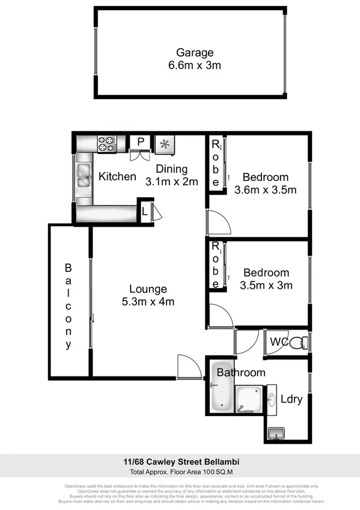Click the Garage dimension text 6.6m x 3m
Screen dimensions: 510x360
pos(194,64)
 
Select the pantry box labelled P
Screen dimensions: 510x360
pos(141,142)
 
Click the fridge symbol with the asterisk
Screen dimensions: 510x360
pos(164,144)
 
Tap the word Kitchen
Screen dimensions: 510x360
pos(117,176)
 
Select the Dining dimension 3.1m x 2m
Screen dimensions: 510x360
pos(171,181)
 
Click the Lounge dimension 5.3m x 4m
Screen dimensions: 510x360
pos(147,301)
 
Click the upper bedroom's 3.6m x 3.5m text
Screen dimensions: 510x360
pos(265,190)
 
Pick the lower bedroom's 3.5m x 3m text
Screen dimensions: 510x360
pos(265,285)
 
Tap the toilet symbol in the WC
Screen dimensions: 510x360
pos(299,343)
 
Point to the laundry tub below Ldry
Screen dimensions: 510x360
pos(277,432)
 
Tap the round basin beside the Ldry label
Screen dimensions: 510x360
pos(271,398)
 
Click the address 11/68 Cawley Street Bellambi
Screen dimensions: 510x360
pos(180,462)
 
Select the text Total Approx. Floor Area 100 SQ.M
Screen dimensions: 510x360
pos(180,472)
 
